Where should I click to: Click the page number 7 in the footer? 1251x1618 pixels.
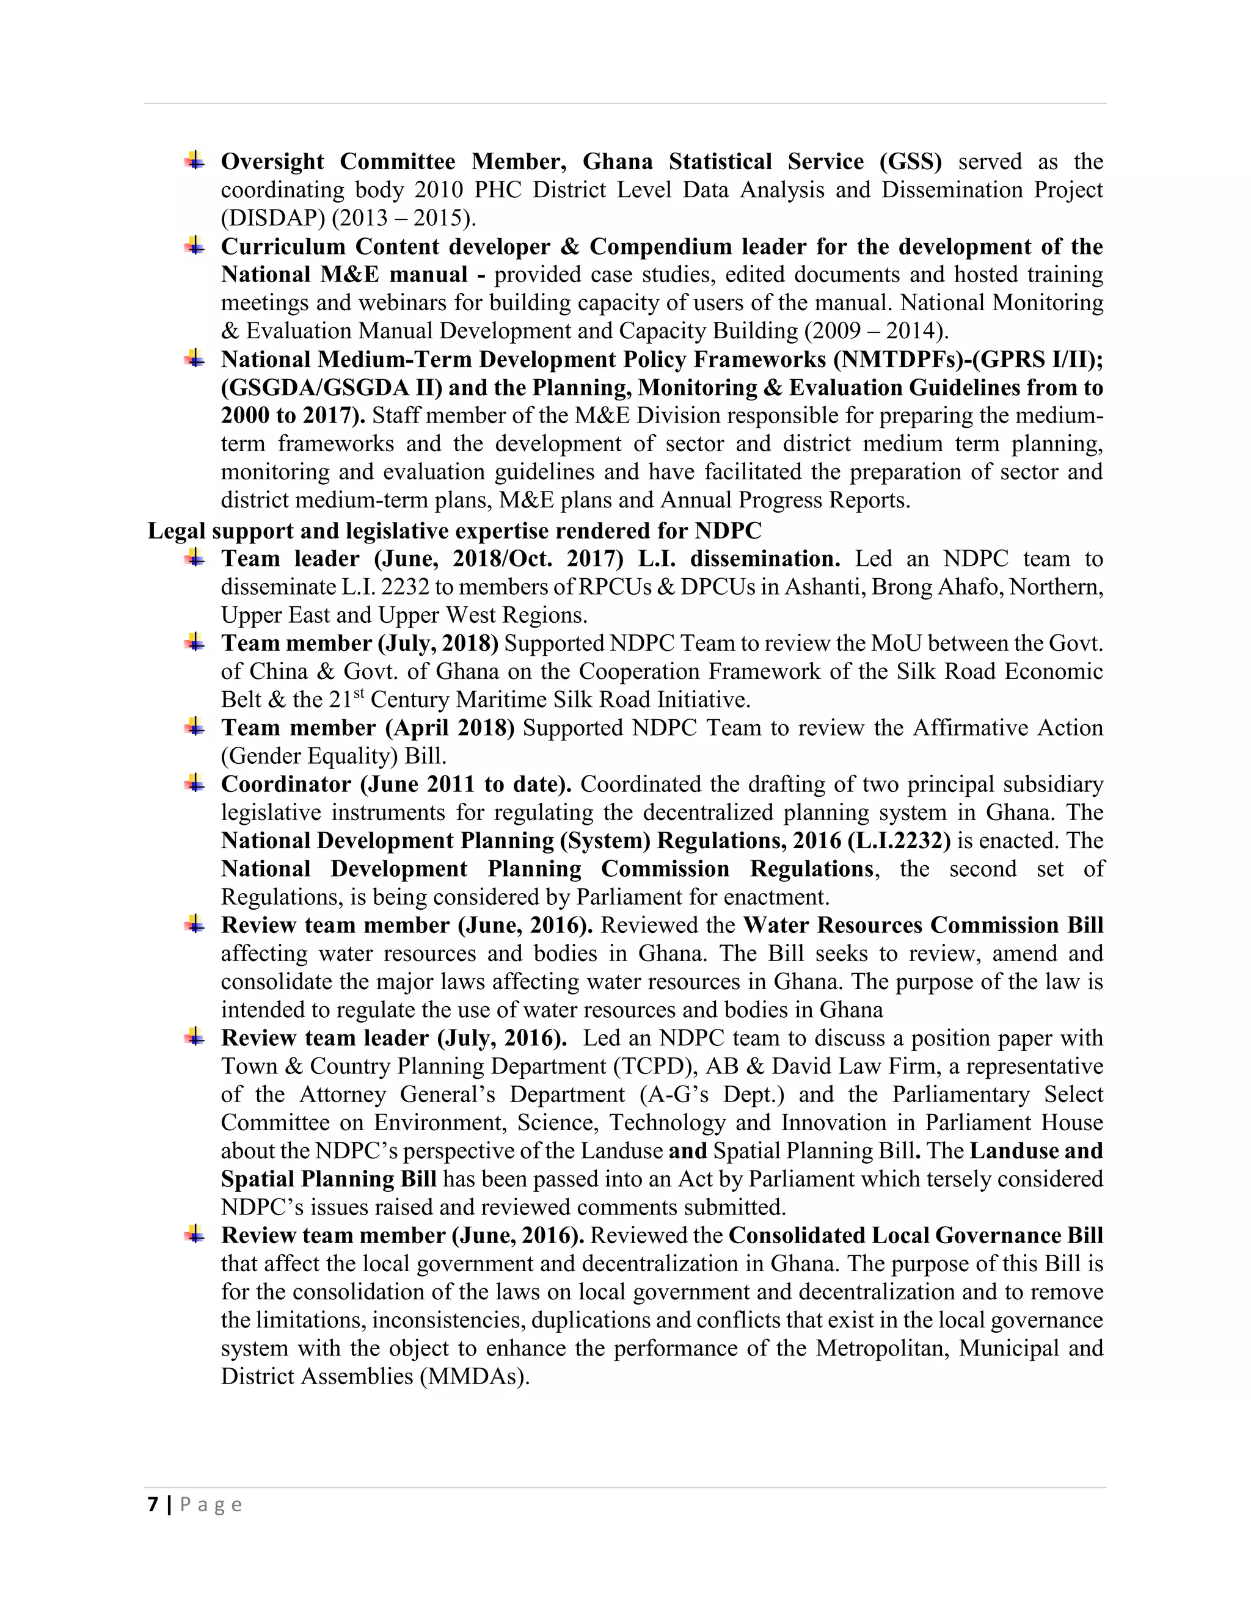point(153,1504)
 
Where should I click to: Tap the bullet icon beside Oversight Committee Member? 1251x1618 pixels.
point(195,160)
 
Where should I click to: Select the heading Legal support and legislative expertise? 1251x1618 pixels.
point(454,531)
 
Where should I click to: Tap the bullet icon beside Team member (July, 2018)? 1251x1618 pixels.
point(195,642)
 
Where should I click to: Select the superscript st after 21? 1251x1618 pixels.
point(358,694)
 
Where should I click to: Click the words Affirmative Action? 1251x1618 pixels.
point(1007,728)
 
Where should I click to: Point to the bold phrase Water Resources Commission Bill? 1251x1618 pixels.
point(923,925)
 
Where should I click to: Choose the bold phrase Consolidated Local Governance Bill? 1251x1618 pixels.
point(915,1235)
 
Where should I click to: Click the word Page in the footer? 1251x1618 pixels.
point(211,1504)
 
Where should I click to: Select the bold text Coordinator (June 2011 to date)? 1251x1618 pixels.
point(396,785)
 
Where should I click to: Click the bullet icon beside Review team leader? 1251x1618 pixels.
point(195,1037)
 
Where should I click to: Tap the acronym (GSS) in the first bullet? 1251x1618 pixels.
point(910,162)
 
